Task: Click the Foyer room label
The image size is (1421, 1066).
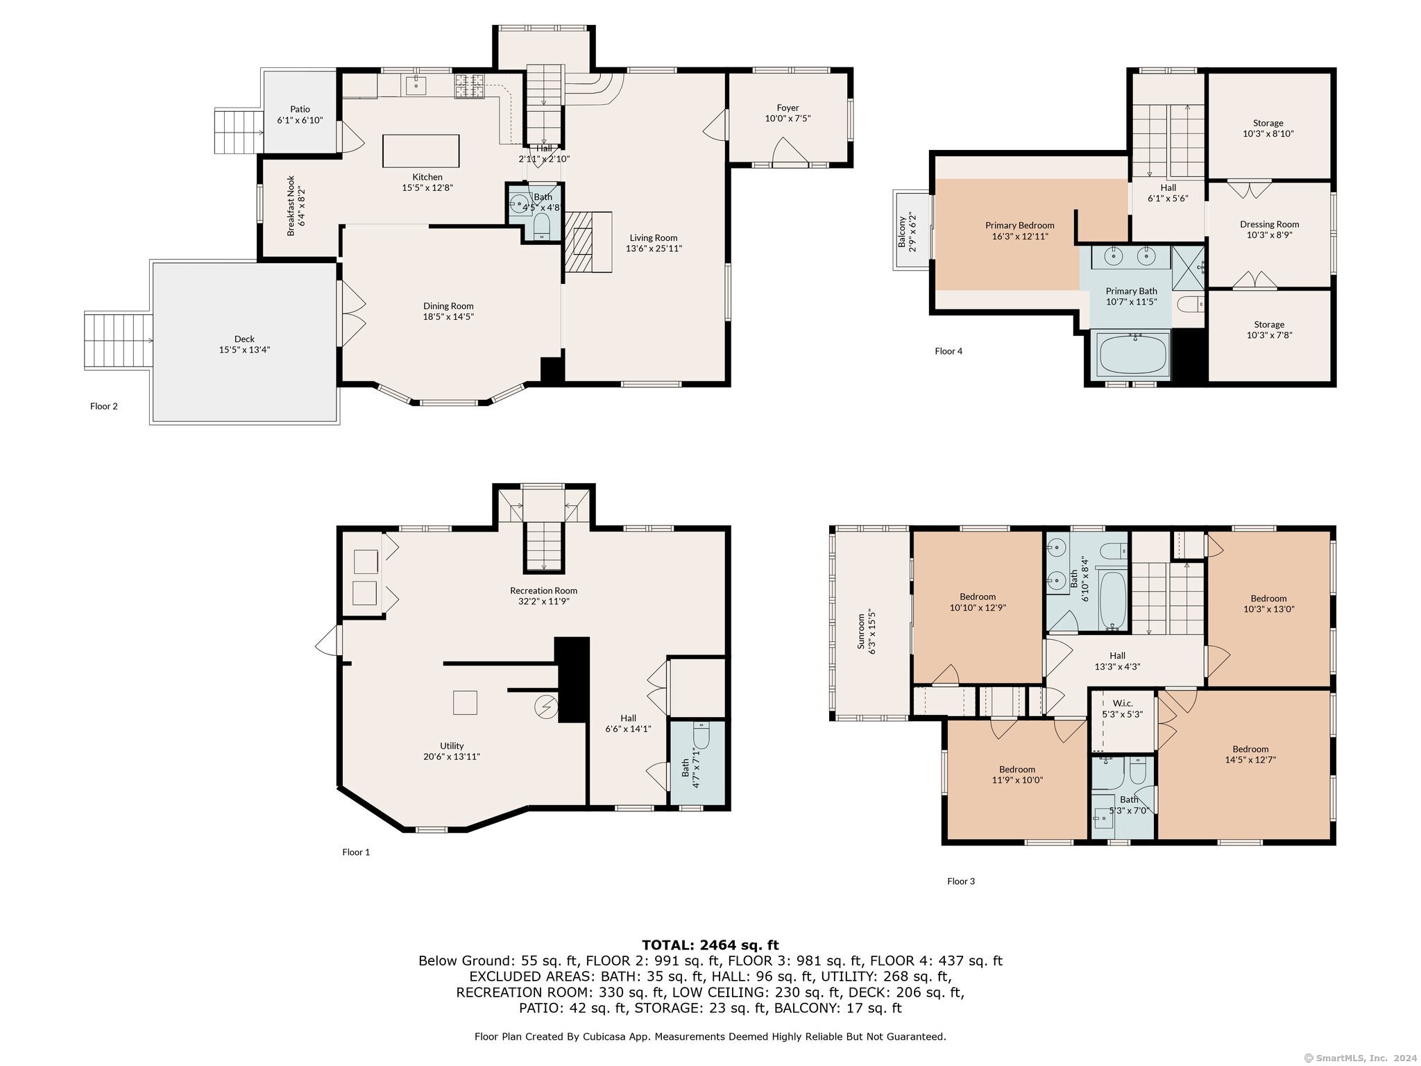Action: click(x=788, y=108)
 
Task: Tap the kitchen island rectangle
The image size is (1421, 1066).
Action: click(x=421, y=151)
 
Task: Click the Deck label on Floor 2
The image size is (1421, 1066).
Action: click(x=244, y=339)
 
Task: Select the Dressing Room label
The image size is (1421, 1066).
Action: click(x=1269, y=224)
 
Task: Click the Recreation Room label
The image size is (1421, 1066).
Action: click(x=543, y=591)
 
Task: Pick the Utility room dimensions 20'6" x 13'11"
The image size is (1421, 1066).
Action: click(x=452, y=756)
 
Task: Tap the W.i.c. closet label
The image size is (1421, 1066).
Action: click(x=1123, y=703)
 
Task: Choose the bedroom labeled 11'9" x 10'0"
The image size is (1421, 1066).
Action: click(x=1017, y=779)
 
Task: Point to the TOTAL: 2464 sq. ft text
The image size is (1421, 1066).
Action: click(x=710, y=945)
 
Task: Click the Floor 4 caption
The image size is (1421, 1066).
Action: click(x=948, y=351)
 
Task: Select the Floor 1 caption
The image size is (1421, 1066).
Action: click(x=356, y=852)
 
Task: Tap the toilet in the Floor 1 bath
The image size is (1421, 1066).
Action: click(x=701, y=736)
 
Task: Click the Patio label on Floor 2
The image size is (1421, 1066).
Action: click(x=300, y=109)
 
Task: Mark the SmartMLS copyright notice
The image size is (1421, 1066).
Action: click(x=1361, y=1058)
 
